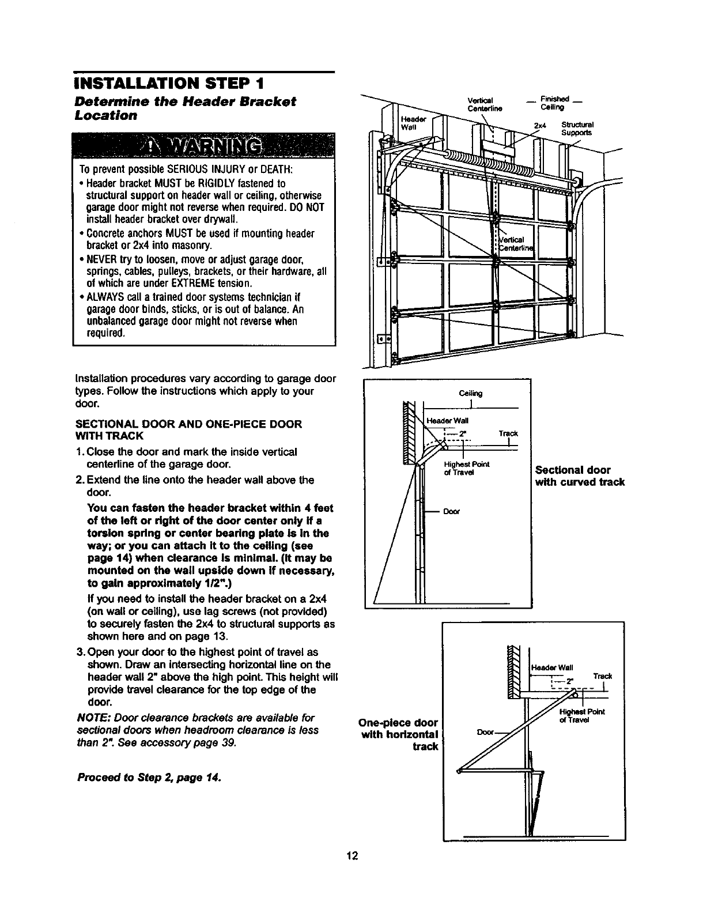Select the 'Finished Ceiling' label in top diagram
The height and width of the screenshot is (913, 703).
[x=553, y=103]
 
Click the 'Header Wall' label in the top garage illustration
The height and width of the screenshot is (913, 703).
[x=412, y=122]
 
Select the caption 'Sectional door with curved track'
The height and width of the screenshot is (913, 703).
[x=580, y=476]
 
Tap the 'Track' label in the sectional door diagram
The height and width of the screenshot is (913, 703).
[x=508, y=433]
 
